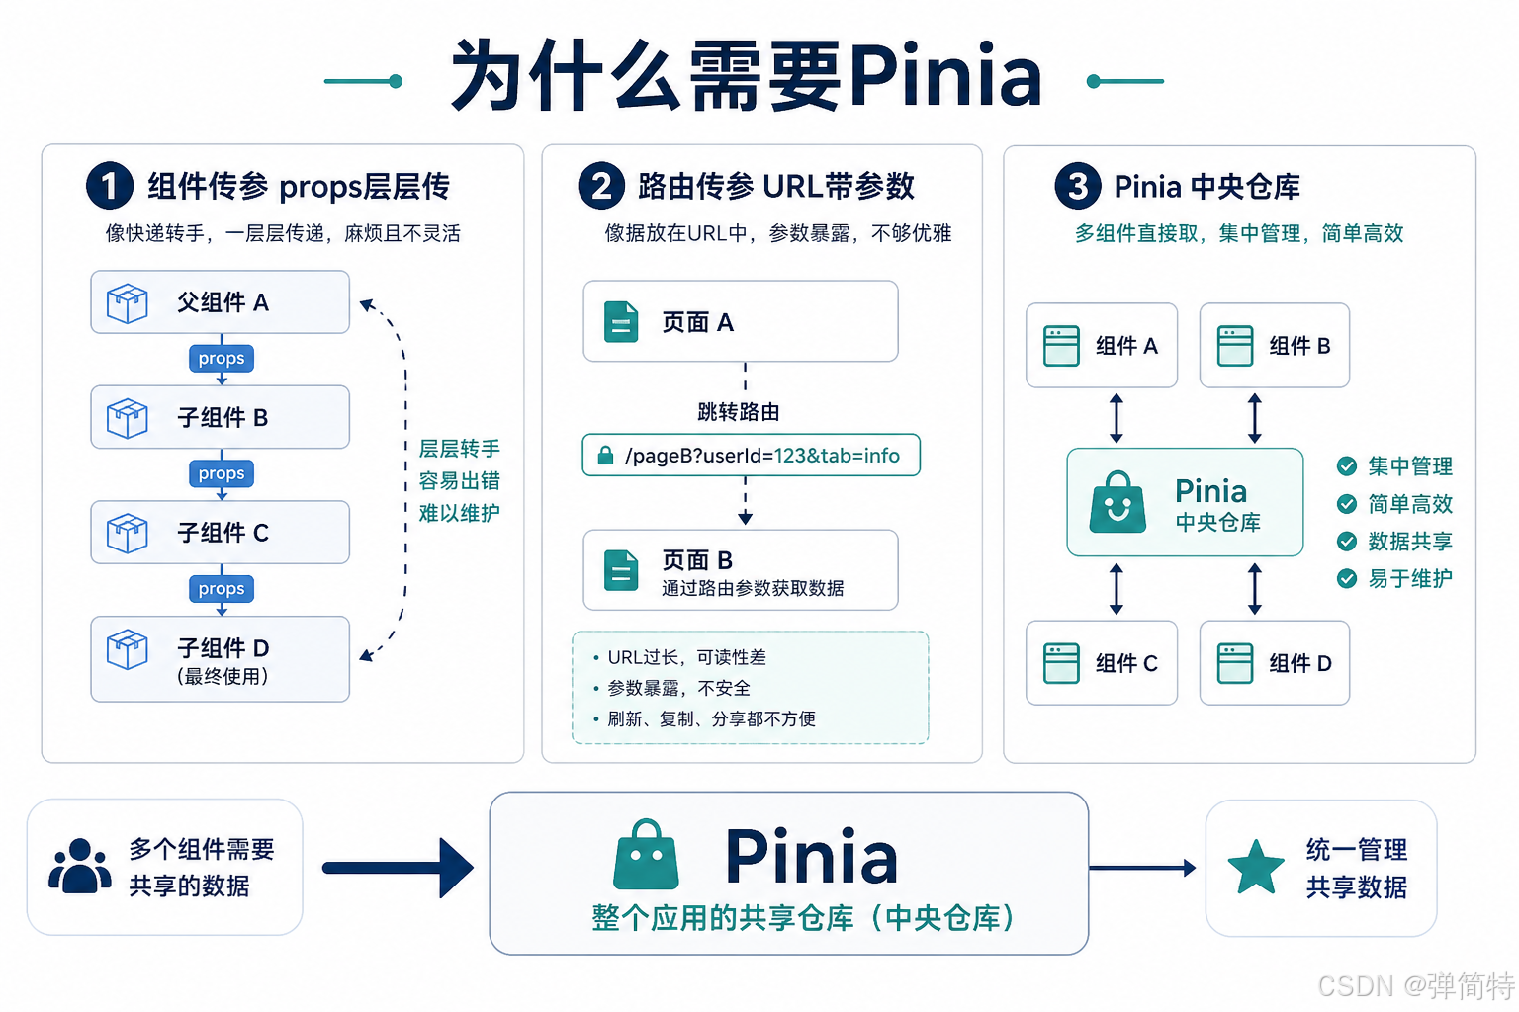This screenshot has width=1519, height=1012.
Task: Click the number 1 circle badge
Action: point(109,186)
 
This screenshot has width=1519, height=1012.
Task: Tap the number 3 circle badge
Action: point(1078,186)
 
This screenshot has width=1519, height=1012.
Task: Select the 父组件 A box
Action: point(221,302)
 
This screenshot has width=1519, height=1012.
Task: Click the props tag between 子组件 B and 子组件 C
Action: point(222,473)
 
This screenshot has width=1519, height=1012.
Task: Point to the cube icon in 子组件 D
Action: point(128,649)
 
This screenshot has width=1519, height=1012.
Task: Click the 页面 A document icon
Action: point(621,321)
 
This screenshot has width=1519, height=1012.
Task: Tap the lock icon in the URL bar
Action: point(605,455)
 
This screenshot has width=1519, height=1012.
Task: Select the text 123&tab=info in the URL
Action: point(837,456)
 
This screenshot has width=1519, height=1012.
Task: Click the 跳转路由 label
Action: point(739,411)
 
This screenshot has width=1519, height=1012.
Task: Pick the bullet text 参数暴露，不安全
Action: point(678,688)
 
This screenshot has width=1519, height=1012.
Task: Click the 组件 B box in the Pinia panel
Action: point(1274,346)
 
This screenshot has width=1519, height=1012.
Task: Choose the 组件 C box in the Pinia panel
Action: point(1102,663)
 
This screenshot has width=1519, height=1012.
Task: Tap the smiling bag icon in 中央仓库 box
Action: point(1117,502)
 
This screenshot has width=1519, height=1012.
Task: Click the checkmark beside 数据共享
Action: point(1347,541)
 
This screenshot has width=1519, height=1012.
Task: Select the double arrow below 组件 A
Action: point(1117,418)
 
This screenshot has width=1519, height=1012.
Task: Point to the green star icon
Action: point(1256,867)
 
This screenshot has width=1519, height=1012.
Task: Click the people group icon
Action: point(80,866)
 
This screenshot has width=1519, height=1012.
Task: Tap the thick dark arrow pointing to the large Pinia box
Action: point(399,869)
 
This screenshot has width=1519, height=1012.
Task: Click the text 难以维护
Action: point(459,513)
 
